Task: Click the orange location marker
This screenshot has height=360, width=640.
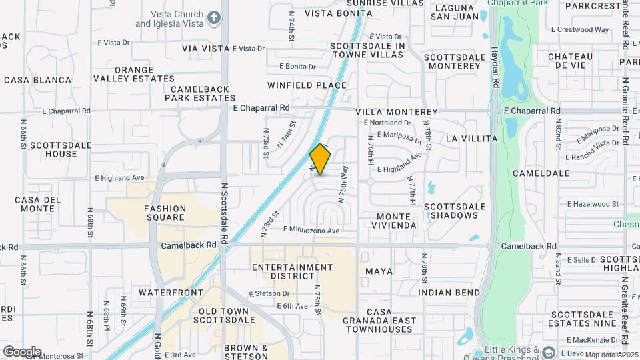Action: click(321, 160)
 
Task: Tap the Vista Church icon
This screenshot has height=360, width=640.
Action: click(213, 18)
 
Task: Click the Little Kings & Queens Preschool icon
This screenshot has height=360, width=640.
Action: click(548, 352)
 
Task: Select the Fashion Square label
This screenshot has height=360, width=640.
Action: click(165, 213)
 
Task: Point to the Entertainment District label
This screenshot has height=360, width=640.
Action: click(293, 271)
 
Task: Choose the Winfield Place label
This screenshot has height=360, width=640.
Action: click(307, 85)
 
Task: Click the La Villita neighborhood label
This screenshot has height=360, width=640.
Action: click(471, 139)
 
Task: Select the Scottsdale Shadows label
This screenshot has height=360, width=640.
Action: click(454, 211)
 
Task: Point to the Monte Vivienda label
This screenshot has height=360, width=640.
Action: click(396, 221)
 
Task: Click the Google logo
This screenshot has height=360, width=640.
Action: click(21, 351)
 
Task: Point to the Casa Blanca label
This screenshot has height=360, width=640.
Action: click(37, 80)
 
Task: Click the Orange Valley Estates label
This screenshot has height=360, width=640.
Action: click(143, 74)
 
